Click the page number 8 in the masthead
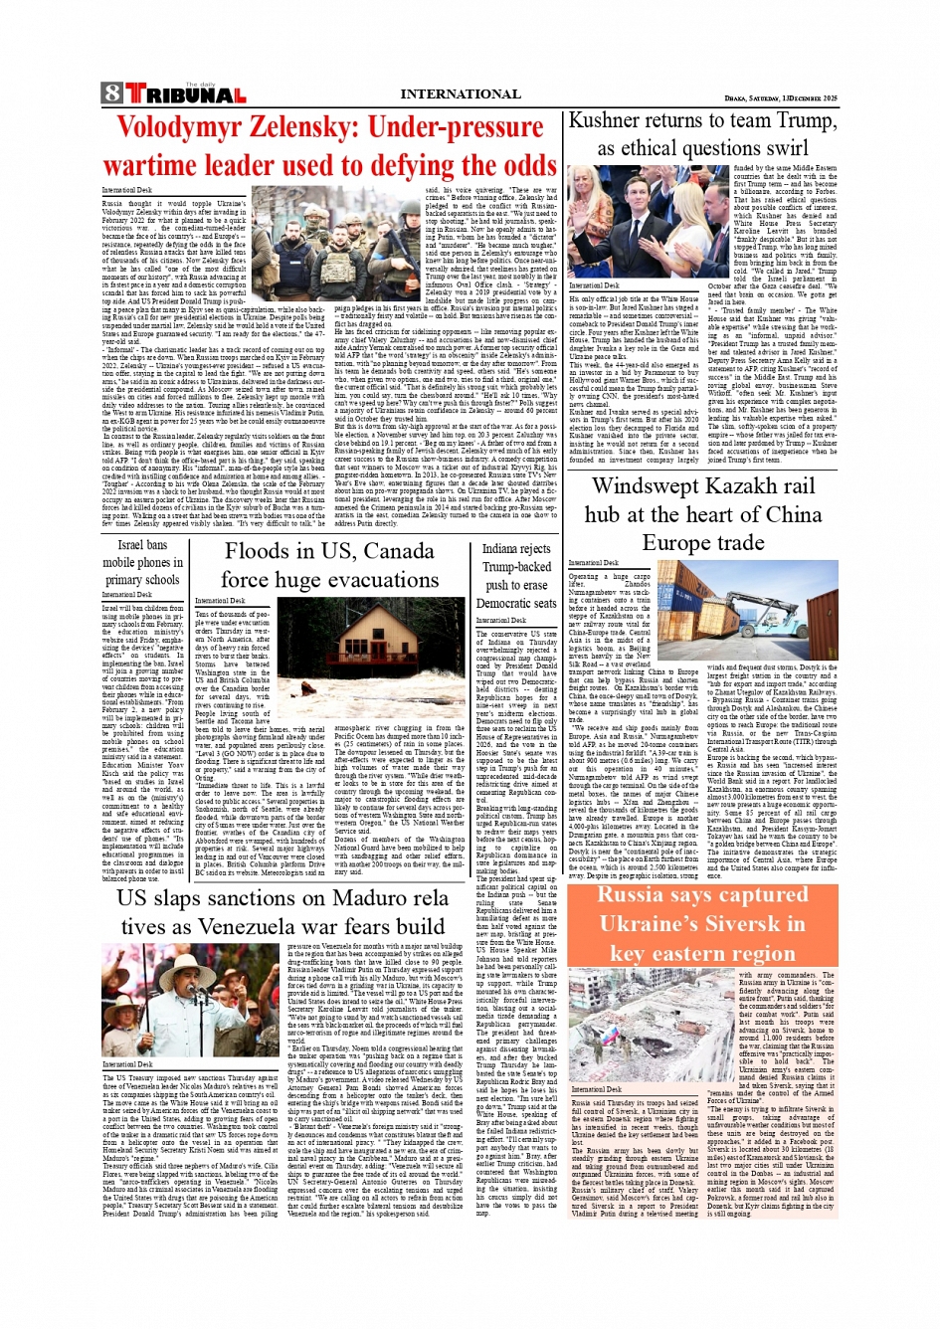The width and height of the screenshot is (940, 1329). point(111,94)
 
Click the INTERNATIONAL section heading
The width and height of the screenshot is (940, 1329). point(460,94)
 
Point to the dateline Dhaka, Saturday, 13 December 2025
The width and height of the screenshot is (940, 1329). point(780,97)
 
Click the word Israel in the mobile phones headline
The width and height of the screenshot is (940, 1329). point(130,544)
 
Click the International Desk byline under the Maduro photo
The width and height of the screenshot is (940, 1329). point(127,1064)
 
